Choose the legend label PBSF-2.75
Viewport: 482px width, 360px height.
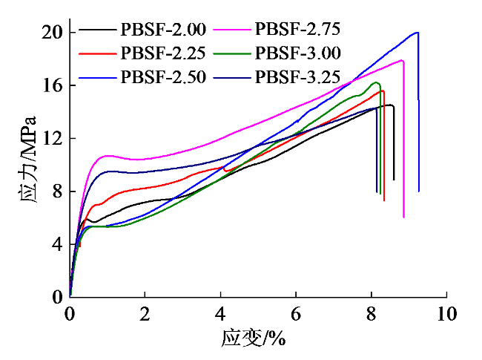[298, 30]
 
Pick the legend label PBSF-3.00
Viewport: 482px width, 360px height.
[298, 53]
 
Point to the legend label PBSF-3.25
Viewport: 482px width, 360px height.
[298, 76]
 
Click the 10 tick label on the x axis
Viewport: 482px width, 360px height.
[446, 313]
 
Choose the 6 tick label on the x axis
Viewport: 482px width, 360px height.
[296, 313]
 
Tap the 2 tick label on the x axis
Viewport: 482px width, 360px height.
[145, 313]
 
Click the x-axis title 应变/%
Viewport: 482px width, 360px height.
[253, 338]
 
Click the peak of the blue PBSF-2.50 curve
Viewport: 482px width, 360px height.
[417, 32]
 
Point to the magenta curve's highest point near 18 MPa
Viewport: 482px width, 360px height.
[401, 60]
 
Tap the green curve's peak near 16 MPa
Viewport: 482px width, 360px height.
[377, 82]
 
